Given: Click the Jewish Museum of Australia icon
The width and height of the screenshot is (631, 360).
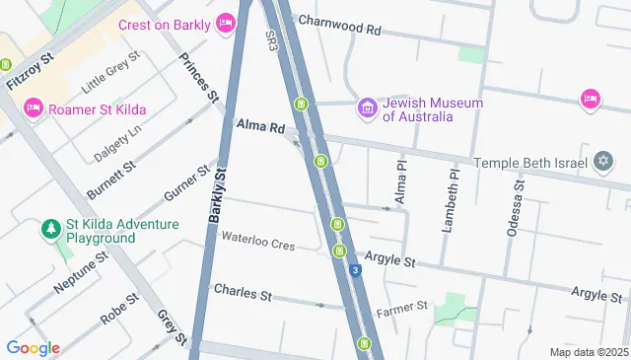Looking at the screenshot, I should (367, 107).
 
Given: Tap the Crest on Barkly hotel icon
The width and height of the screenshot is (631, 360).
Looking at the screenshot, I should (225, 22).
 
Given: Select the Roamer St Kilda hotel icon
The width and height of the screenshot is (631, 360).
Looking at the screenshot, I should (33, 106).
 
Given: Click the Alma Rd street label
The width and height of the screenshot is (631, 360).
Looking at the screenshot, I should (260, 126).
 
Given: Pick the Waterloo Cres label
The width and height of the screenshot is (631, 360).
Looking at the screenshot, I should (257, 240).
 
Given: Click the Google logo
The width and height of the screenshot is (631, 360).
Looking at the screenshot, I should (33, 347).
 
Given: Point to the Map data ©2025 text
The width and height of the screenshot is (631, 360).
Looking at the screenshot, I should (589, 352).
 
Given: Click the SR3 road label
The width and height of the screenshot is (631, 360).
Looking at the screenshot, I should (271, 40).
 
